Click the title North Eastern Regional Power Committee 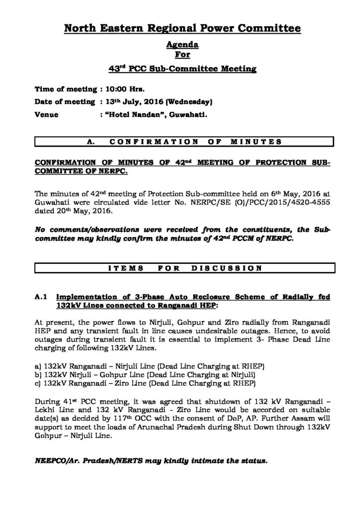pyautogui.click(x=182, y=30)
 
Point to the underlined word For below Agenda pyautogui.click(x=182, y=54)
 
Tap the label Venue pyautogui.click(x=46, y=115)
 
